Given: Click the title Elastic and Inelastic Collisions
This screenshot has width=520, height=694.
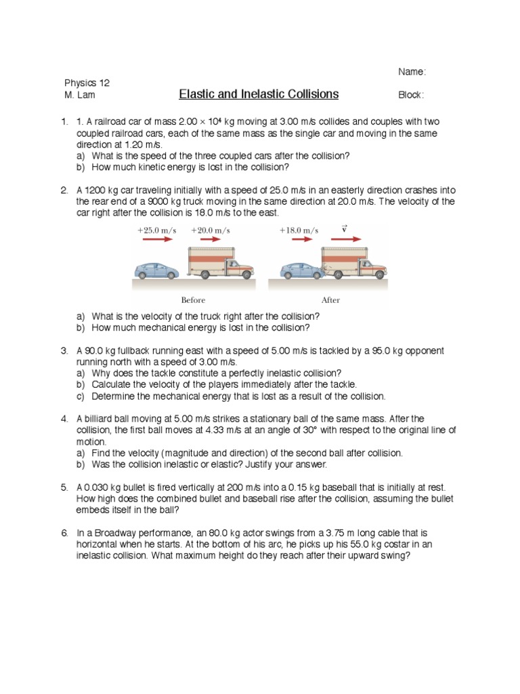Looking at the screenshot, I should (x=258, y=94).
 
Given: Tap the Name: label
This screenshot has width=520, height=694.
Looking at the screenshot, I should (x=412, y=72).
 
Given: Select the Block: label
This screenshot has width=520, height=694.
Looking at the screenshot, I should (x=411, y=95).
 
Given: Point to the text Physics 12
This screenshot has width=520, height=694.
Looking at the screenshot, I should (x=87, y=83).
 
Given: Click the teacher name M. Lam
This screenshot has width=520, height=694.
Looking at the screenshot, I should (x=80, y=95).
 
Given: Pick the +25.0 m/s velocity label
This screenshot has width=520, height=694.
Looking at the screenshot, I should (x=157, y=230).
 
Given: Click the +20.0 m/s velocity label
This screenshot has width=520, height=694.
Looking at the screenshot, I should (x=211, y=230).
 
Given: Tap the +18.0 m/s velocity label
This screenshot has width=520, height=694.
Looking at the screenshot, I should (x=299, y=230).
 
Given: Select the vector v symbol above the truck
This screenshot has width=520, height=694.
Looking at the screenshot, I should (x=345, y=229).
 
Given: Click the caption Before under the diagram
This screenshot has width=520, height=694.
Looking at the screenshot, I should (x=193, y=300).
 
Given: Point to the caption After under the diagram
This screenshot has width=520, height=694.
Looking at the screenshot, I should (x=330, y=300).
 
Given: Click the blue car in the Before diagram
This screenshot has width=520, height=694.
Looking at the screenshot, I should (x=156, y=270).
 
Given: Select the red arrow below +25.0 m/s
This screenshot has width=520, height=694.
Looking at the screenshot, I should (x=157, y=240).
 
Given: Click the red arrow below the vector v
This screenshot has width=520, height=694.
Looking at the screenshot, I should (x=345, y=240).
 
